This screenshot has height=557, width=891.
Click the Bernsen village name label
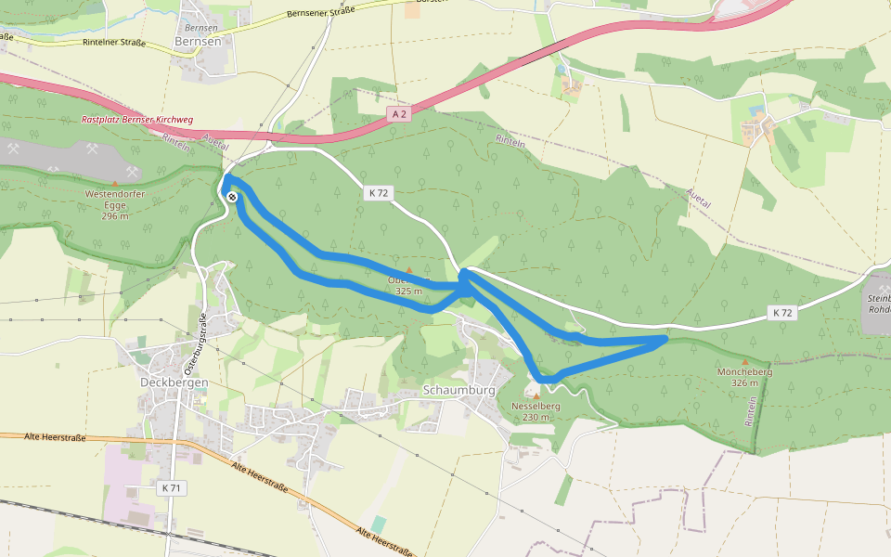point(198,42)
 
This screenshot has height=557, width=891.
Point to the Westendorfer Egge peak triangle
point(115,183)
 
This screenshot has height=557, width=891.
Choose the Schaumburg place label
point(459,390)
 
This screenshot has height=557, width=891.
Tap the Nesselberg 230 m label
point(536,411)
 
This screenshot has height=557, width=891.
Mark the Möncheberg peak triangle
point(745,361)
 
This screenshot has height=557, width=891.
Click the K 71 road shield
point(171,487)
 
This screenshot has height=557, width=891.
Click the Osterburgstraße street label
point(199,343)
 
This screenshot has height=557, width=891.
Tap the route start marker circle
point(231,196)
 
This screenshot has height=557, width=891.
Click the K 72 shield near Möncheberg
point(782,313)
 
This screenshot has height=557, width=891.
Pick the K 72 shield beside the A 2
point(378,192)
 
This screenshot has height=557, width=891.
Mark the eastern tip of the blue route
point(665,339)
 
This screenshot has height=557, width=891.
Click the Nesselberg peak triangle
point(536,396)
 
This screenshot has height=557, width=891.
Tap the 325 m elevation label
point(408,291)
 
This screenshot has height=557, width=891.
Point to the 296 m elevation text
point(115,215)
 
